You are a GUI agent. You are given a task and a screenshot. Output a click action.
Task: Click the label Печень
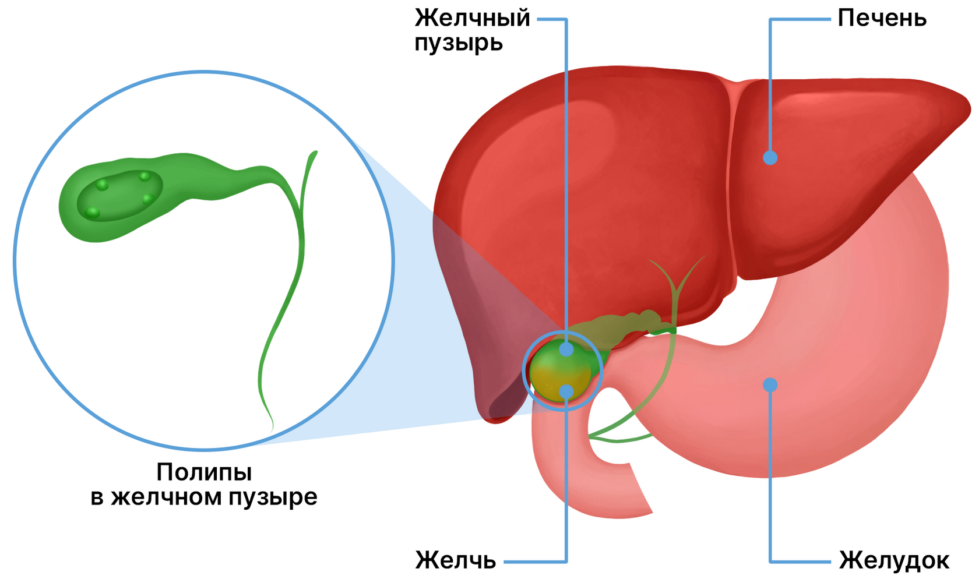[882, 19]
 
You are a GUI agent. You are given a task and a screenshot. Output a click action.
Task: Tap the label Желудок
[894, 561]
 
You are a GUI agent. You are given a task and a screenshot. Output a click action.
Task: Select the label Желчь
[456, 561]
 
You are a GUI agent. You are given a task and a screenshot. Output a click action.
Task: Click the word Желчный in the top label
[473, 18]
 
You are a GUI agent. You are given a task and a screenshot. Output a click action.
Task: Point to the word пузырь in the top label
[459, 44]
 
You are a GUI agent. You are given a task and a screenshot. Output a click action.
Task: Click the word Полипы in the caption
[204, 472]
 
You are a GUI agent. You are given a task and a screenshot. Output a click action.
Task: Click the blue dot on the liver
[770, 157]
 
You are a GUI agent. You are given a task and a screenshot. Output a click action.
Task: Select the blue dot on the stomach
[770, 384]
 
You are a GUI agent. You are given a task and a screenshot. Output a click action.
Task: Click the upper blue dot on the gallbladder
[566, 350]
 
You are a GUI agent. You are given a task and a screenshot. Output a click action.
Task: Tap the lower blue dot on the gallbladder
[566, 391]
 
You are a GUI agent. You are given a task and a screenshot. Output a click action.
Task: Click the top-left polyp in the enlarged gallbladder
[103, 185]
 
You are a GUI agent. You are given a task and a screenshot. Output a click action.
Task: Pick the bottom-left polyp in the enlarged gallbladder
[92, 213]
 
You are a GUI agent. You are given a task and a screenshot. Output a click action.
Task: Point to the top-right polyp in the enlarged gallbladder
[145, 176]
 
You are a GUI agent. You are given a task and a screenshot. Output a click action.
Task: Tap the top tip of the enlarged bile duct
[315, 153]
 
